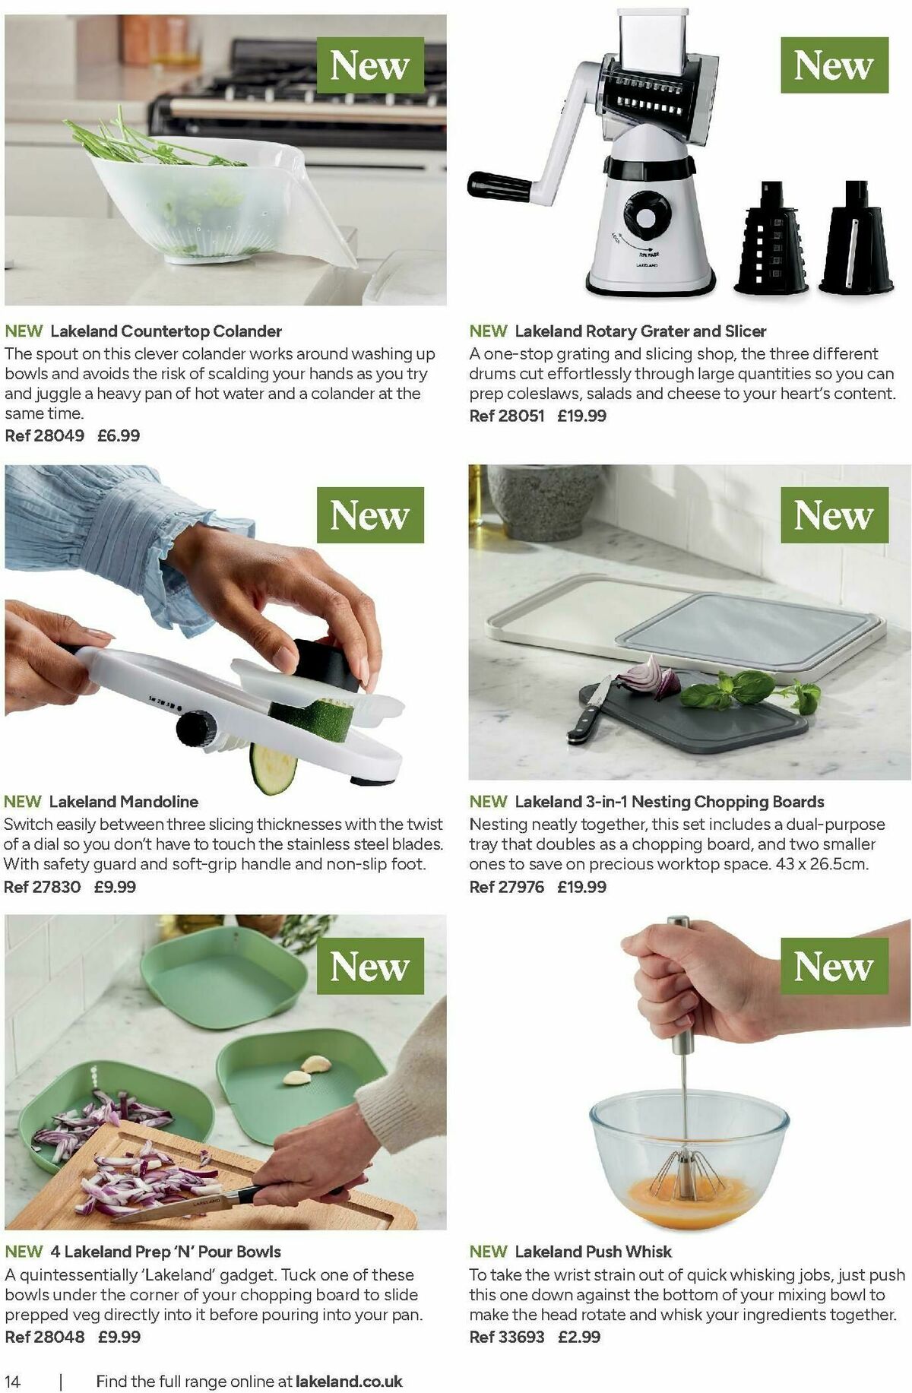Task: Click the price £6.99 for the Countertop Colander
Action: point(119,435)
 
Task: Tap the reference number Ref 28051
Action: point(506,416)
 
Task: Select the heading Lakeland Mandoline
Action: point(123,801)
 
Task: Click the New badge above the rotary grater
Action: point(834,65)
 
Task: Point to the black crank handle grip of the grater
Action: point(499,186)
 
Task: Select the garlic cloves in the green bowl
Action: point(307,1068)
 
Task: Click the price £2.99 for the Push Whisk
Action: point(578,1337)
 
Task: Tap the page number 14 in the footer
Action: point(13,1381)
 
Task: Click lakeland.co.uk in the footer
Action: point(349,1381)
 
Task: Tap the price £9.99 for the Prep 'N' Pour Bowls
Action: point(119,1337)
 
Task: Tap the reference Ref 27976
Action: point(506,887)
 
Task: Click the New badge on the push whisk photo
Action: point(834,966)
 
